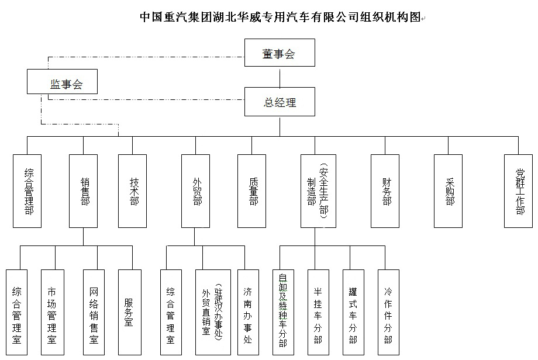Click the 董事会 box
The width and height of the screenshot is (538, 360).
pyautogui.click(x=280, y=54)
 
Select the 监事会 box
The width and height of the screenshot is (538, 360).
pyautogui.click(x=62, y=82)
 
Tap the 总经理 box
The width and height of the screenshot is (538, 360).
pyautogui.click(x=280, y=102)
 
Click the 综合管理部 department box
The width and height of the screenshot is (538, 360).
pyautogui.click(x=27, y=191)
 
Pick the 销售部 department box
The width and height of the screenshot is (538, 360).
pyautogui.click(x=83, y=191)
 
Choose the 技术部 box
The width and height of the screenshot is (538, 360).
pyautogui.click(x=132, y=191)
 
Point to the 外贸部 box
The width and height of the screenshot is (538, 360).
pyautogui.click(x=195, y=191)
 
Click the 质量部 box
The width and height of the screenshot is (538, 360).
pyautogui.click(x=251, y=191)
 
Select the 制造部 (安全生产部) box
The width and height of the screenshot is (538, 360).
pyautogui.click(x=315, y=191)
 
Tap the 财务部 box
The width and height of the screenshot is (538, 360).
pyautogui.click(x=385, y=191)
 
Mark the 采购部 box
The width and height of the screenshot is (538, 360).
pyautogui.click(x=448, y=191)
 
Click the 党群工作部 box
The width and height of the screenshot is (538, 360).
pyautogui.click(x=519, y=191)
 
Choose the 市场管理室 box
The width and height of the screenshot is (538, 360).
pyautogui.click(x=53, y=313)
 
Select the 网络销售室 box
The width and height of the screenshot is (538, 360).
pyautogui.click(x=94, y=313)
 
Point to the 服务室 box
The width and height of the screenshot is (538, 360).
pyautogui.click(x=129, y=313)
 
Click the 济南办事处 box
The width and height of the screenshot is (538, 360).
pyautogui.click(x=248, y=313)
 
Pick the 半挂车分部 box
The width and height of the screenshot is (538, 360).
pyautogui.click(x=318, y=313)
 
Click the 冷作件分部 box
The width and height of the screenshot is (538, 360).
pyautogui.click(x=388, y=313)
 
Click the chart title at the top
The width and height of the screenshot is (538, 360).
pyautogui.click(x=280, y=17)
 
